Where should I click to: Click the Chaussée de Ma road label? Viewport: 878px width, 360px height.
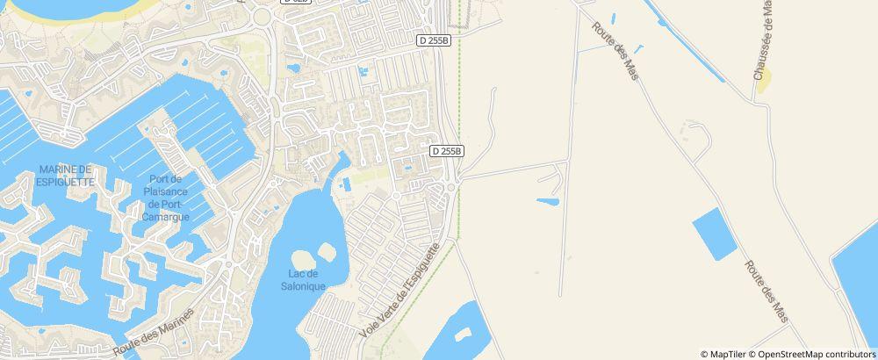click(x=762, y=40)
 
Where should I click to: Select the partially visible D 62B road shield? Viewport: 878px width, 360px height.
click(x=296, y=3)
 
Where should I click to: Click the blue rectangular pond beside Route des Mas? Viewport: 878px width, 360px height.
click(x=715, y=234)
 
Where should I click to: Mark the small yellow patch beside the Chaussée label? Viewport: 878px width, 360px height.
click(x=763, y=80)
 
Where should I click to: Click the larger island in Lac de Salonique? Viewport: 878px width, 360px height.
click(x=303, y=261)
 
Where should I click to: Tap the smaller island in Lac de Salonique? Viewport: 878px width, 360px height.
click(x=326, y=252)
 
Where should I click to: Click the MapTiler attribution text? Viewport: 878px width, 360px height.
click(x=724, y=354)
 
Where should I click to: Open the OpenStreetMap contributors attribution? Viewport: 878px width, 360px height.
click(x=816, y=354)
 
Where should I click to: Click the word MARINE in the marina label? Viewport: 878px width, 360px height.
click(x=65, y=169)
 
